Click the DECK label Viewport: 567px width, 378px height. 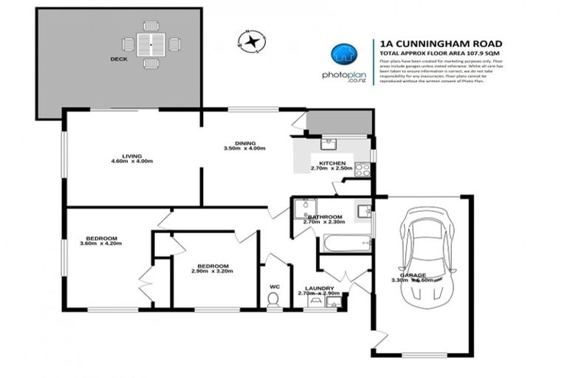point(119,59)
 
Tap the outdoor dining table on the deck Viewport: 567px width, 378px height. point(151,46)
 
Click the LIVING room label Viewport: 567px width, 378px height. point(131,155)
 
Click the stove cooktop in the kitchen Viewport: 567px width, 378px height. point(362,169)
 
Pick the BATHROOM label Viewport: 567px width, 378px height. point(323,216)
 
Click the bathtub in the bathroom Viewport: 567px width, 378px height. point(346,244)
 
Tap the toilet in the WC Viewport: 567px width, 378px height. point(272,300)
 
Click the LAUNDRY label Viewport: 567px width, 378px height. point(320,288)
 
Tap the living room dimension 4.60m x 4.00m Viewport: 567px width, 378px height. point(131,162)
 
